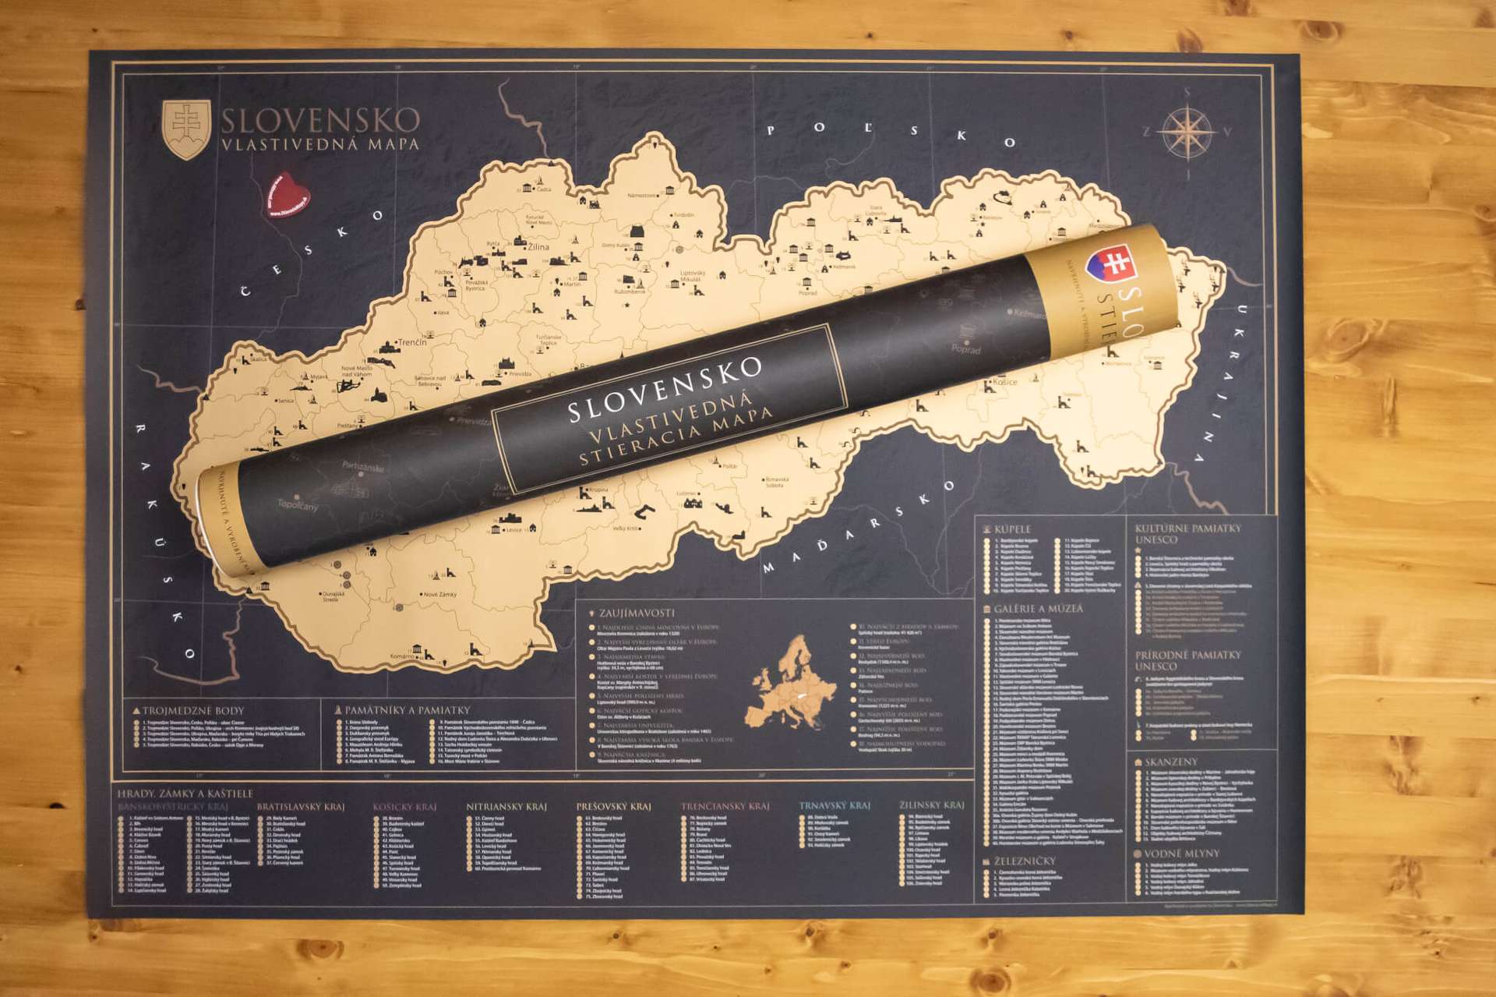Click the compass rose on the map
click(1187, 131)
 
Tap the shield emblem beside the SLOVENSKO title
click(185, 129)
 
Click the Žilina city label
click(538, 246)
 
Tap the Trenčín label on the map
click(412, 342)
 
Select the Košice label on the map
click(1004, 382)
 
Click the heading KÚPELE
click(1012, 529)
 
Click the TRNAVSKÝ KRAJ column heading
click(834, 805)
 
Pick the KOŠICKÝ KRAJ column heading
click(404, 807)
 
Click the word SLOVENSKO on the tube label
click(665, 391)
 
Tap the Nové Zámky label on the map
click(440, 594)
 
